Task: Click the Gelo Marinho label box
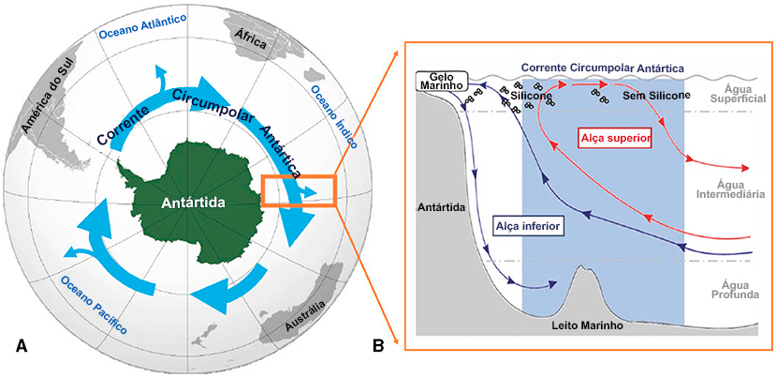click(x=442, y=82)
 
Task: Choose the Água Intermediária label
click(x=733, y=189)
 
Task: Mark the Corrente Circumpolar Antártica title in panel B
click(x=602, y=68)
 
